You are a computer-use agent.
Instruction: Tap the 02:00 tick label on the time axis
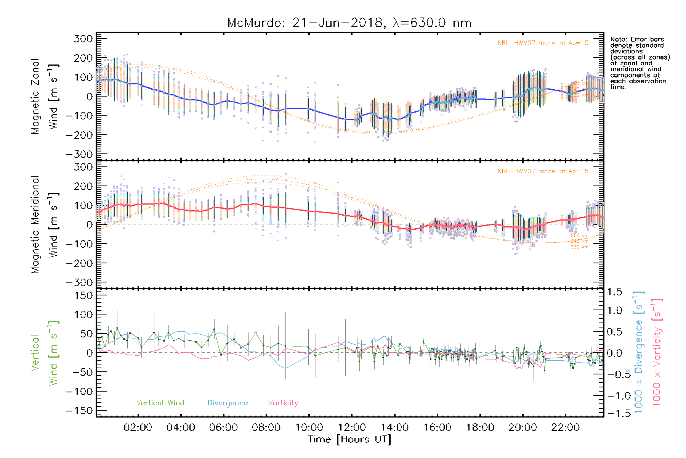pyautogui.click(x=138, y=427)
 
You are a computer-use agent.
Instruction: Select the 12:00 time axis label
pyautogui.click(x=352, y=427)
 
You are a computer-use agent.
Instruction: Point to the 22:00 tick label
pyautogui.click(x=566, y=427)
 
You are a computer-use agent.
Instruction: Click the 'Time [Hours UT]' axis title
pyautogui.click(x=349, y=439)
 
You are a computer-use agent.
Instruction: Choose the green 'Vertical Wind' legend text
pyautogui.click(x=160, y=403)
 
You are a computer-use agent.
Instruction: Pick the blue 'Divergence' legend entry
pyautogui.click(x=228, y=403)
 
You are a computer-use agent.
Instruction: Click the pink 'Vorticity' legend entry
pyautogui.click(x=283, y=403)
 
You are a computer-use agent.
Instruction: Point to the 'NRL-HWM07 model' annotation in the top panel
pyautogui.click(x=543, y=43)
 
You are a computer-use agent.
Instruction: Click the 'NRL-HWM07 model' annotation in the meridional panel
pyautogui.click(x=543, y=171)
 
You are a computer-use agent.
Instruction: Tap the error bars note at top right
pyautogui.click(x=640, y=63)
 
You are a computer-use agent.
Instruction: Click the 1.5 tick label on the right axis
pyautogui.click(x=614, y=292)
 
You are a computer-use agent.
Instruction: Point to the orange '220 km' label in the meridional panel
pyautogui.click(x=579, y=247)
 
